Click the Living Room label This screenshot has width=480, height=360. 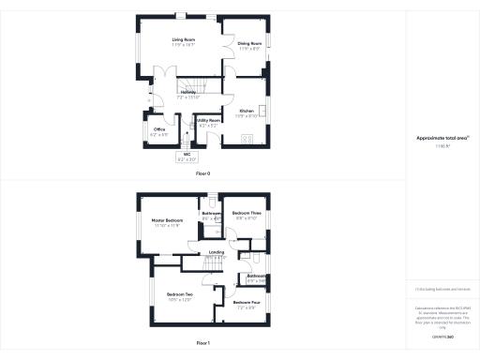183,40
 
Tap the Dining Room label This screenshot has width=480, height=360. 249,43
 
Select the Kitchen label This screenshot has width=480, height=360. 247,111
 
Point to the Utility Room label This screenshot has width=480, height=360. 208,121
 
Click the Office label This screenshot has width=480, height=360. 159,129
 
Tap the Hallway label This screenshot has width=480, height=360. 188,92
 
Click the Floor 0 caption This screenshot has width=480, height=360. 203,174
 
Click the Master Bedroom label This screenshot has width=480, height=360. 167,221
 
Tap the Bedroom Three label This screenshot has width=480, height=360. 247,214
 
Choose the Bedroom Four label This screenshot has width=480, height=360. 247,303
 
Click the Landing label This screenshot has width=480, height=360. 216,253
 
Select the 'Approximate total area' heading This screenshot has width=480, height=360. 442,138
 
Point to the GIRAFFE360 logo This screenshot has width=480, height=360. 442,335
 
